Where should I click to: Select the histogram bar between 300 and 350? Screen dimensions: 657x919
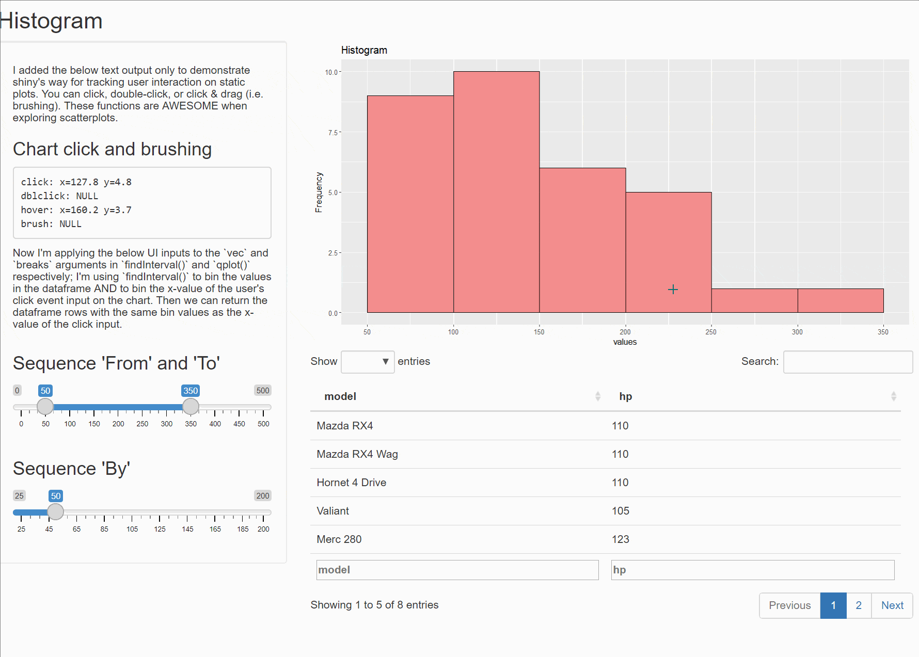(x=840, y=300)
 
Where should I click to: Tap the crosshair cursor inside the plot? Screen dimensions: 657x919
(x=673, y=290)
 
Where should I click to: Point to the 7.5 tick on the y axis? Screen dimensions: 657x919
(x=333, y=133)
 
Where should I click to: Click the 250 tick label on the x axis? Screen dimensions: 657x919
(x=711, y=332)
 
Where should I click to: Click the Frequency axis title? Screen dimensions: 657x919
(x=319, y=192)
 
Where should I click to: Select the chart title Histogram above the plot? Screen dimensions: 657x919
(x=364, y=50)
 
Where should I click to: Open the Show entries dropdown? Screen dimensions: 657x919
(x=368, y=362)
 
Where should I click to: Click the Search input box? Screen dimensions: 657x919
(x=847, y=362)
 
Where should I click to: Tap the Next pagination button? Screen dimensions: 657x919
(x=892, y=605)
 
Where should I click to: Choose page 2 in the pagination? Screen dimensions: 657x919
(x=858, y=605)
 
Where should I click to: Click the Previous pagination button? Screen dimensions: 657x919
(x=789, y=605)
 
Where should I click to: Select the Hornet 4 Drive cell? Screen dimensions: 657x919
(x=351, y=483)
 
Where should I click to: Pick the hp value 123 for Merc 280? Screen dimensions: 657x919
(x=620, y=539)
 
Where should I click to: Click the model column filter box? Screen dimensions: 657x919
(x=457, y=570)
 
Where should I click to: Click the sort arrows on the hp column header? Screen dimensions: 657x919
(x=893, y=396)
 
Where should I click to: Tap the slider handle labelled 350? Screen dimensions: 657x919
(x=191, y=407)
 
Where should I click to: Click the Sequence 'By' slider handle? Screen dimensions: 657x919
(x=55, y=512)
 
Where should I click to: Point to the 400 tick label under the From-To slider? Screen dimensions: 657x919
(x=215, y=424)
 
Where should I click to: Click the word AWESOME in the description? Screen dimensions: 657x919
(x=190, y=106)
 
